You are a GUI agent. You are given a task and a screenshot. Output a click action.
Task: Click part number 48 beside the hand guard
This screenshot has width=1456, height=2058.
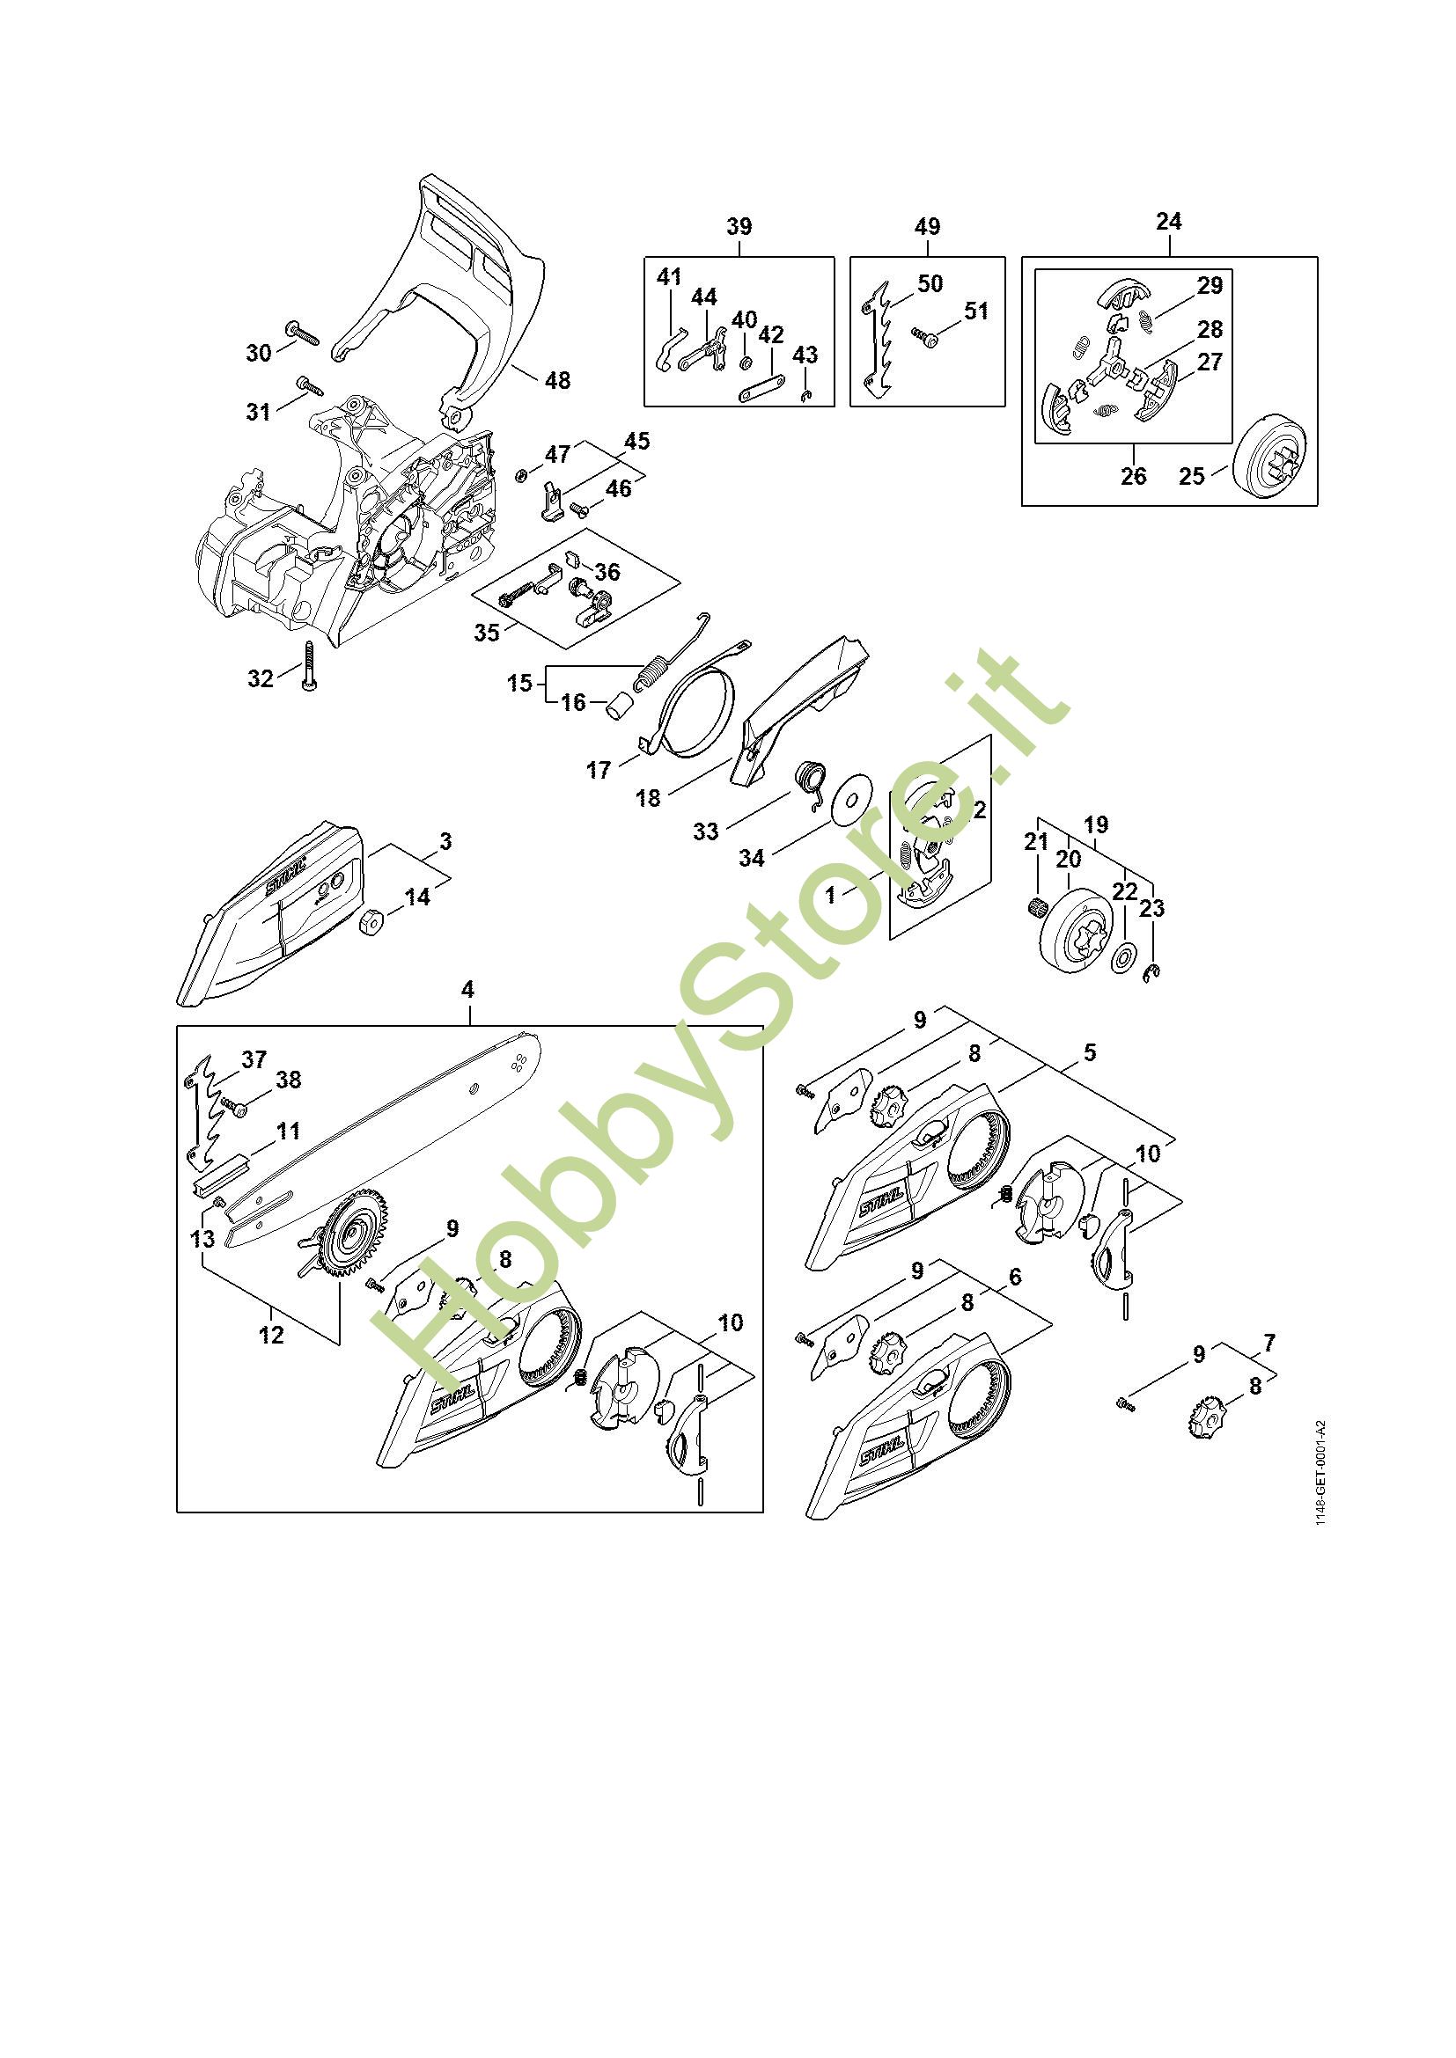point(557,380)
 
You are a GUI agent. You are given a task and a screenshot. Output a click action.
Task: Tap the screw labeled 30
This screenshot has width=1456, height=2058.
point(302,333)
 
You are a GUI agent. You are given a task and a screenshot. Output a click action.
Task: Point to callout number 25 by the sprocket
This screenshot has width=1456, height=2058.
point(1192,476)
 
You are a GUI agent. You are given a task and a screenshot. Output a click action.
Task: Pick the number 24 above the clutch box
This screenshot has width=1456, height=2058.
point(1168,222)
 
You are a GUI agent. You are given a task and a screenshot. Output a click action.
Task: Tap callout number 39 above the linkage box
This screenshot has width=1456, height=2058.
point(739,227)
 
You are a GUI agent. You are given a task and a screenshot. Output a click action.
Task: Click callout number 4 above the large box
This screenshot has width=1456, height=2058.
point(467,991)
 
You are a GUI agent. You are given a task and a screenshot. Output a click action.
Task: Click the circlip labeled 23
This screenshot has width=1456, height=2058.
point(1154,972)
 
